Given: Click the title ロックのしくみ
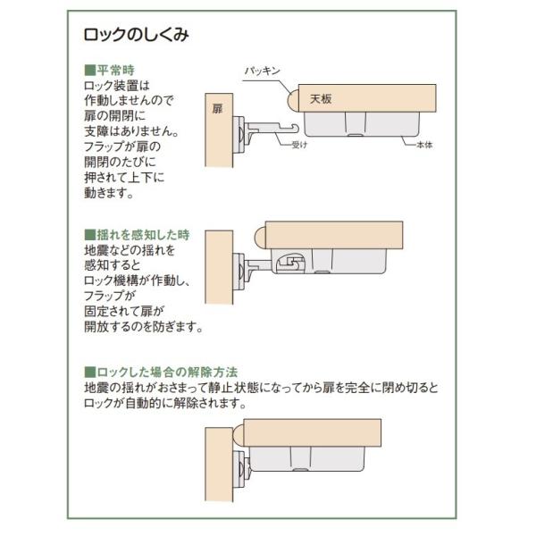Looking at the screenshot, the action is point(136,35).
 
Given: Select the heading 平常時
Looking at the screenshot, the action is point(115,70).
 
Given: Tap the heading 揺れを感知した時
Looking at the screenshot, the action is point(143,235).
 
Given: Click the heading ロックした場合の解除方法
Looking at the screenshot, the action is point(167,372).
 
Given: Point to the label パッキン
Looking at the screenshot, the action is point(262,71).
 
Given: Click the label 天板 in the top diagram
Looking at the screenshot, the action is point(321,99).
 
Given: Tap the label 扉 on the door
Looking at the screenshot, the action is point(217,109).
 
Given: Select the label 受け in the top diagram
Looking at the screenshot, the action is point(300,145).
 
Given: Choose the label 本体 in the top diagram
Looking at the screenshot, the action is point(424,145).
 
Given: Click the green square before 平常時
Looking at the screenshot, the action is point(90,70).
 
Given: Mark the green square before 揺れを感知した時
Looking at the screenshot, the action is point(90,235).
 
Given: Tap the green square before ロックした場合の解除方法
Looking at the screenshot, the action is point(90,372).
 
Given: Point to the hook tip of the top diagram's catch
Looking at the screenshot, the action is point(296,128).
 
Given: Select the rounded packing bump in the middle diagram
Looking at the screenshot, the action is point(261,237).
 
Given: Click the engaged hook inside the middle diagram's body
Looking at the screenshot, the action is point(289,264).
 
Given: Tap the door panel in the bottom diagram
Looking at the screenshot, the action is point(219,465).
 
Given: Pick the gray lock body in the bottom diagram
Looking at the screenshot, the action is point(306,459).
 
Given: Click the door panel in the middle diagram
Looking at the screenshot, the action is point(219,267).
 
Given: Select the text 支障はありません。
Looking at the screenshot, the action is point(131,131).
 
